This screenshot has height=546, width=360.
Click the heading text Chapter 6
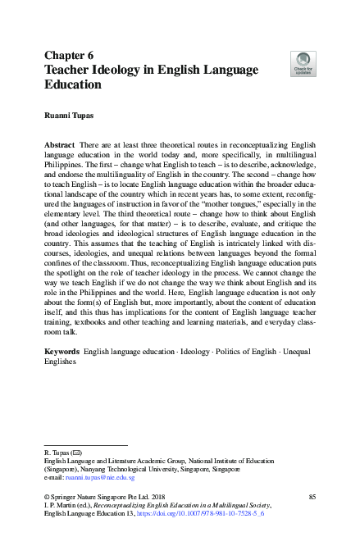point(71,55)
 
